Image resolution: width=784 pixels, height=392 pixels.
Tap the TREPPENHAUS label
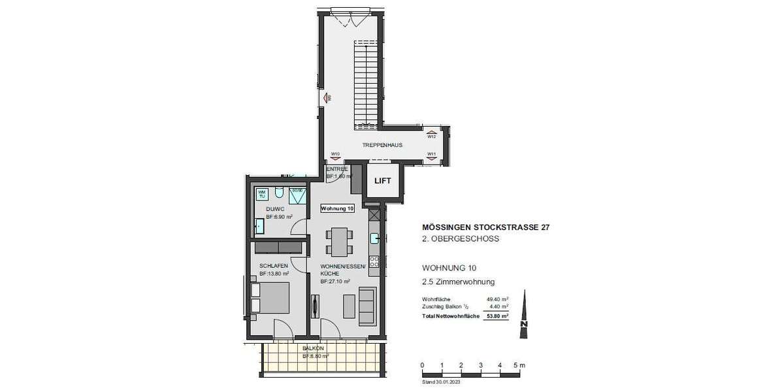[x=383, y=145]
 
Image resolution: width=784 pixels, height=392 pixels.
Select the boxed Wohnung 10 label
[x=337, y=208]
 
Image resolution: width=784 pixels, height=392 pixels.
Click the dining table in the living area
[x=340, y=241]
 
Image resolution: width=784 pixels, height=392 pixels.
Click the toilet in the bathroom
[x=279, y=193]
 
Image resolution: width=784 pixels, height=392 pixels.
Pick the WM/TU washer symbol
[x=262, y=193]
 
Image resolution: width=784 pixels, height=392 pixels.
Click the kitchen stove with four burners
[x=375, y=261]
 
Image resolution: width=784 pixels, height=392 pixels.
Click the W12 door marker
[x=431, y=137]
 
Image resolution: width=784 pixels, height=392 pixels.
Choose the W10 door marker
[x=335, y=154]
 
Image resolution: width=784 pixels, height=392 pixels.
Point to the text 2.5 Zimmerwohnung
[x=459, y=282]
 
